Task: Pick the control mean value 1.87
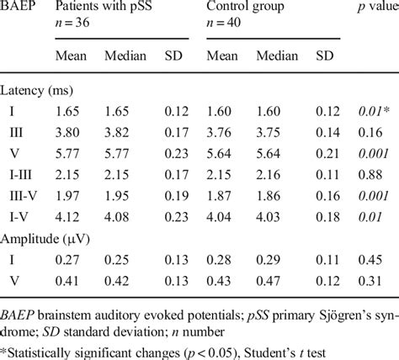217,193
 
